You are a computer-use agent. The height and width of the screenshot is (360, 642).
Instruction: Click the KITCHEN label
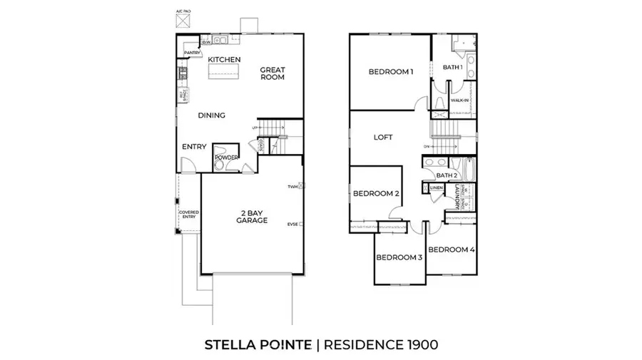(224, 59)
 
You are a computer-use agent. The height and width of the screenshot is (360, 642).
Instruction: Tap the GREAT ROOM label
(272, 73)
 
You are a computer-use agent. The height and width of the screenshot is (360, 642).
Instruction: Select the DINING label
(211, 115)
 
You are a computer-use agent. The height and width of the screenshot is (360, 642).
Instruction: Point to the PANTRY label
(191, 53)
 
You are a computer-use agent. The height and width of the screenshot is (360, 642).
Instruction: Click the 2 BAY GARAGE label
(252, 217)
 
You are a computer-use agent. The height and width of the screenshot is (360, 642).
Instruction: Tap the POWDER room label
(225, 158)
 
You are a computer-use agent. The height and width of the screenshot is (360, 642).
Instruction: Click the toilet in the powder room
(220, 166)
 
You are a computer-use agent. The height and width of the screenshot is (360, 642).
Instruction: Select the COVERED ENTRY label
(188, 214)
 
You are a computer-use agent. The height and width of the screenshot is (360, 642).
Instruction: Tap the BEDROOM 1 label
(391, 71)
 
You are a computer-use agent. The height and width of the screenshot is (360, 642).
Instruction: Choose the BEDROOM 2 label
(376, 193)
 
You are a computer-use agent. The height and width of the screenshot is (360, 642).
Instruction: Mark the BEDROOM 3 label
(398, 257)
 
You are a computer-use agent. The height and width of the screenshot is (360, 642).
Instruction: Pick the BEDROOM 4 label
(451, 250)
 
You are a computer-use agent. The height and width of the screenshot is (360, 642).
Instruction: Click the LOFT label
(384, 138)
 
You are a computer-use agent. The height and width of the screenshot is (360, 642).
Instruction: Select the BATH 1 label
(453, 67)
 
